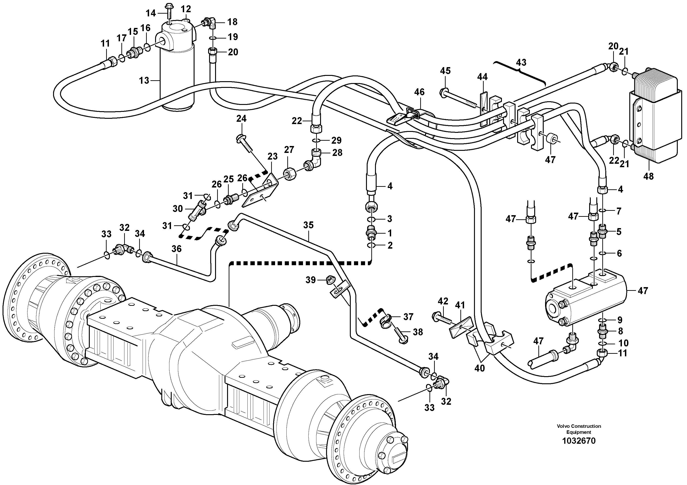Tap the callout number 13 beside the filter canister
pyautogui.click(x=144, y=80)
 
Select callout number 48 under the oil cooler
pyautogui.click(x=648, y=176)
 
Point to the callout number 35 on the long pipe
pyautogui.click(x=308, y=225)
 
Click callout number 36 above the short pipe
pyautogui.click(x=177, y=249)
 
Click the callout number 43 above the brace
pyautogui.click(x=521, y=62)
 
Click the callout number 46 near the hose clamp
pyautogui.click(x=419, y=92)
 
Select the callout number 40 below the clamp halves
pyautogui.click(x=479, y=368)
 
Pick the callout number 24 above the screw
pyautogui.click(x=241, y=119)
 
